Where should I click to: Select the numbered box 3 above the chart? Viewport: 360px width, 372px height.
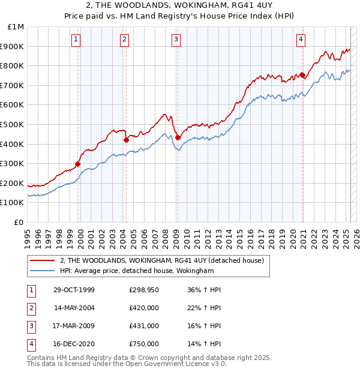pyautogui.click(x=176, y=40)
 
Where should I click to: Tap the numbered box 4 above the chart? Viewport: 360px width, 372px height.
pyautogui.click(x=301, y=40)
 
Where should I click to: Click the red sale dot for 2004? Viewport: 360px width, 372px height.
pyautogui.click(x=127, y=140)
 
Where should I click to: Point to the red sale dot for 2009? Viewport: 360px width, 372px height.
pyautogui.click(x=178, y=137)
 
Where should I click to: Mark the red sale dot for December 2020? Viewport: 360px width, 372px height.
pyautogui.click(x=302, y=76)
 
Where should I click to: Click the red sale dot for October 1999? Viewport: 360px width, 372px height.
pyautogui.click(x=78, y=163)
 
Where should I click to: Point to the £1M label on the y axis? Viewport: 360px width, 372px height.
pyautogui.click(x=16, y=27)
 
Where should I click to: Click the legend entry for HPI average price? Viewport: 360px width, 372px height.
pyautogui.click(x=137, y=271)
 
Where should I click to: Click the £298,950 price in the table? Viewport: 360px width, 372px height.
pyautogui.click(x=144, y=290)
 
